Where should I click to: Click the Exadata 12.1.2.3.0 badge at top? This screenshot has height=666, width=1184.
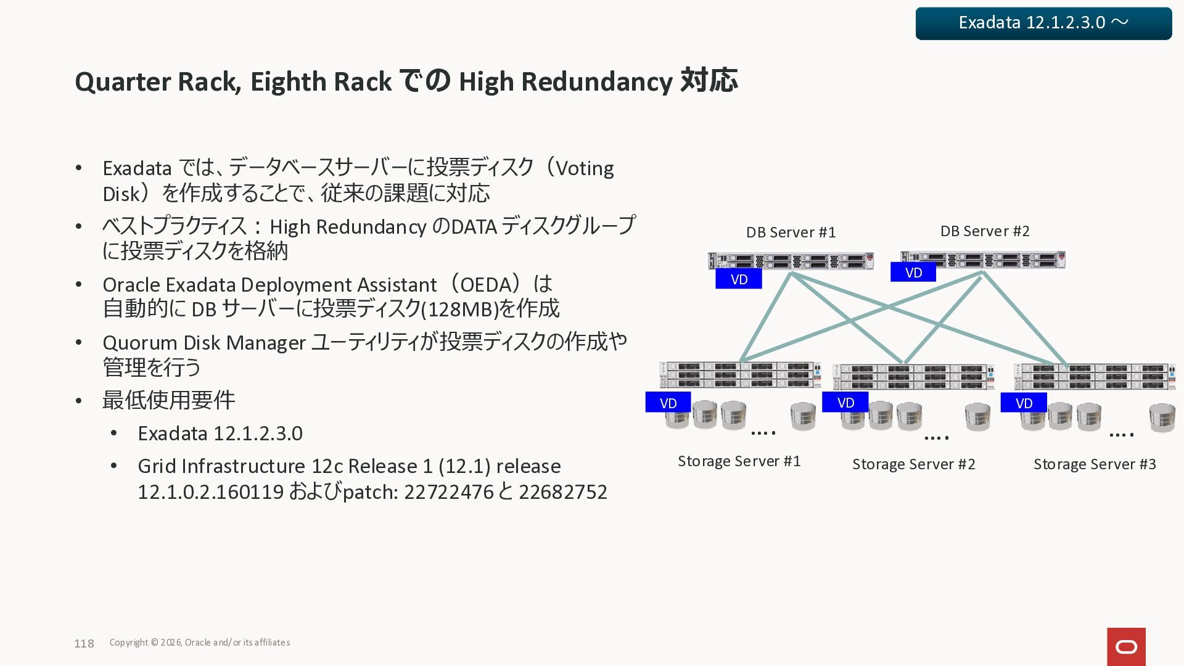coord(1043,23)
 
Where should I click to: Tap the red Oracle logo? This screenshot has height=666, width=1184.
coord(1126,646)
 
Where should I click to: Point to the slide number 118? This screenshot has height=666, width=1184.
coord(84,644)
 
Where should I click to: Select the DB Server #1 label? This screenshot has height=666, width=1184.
coord(791,232)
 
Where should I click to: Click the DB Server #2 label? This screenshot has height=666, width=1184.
coord(985,231)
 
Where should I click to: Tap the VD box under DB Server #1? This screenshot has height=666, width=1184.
coord(739,279)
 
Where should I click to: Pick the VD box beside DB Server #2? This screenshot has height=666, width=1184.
coord(913,273)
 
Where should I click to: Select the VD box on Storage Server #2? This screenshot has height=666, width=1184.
coord(845,403)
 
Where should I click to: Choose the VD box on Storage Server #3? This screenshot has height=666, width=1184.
coord(1024,403)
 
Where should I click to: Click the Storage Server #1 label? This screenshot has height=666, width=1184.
coord(739,461)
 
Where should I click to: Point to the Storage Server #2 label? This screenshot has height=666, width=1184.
coord(914,464)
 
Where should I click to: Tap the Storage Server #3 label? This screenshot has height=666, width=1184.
coord(1095,464)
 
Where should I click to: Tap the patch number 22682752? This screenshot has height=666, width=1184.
coord(563,492)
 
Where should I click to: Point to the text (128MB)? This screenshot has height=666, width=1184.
coord(459,309)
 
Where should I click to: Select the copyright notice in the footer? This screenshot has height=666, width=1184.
coord(200,643)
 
